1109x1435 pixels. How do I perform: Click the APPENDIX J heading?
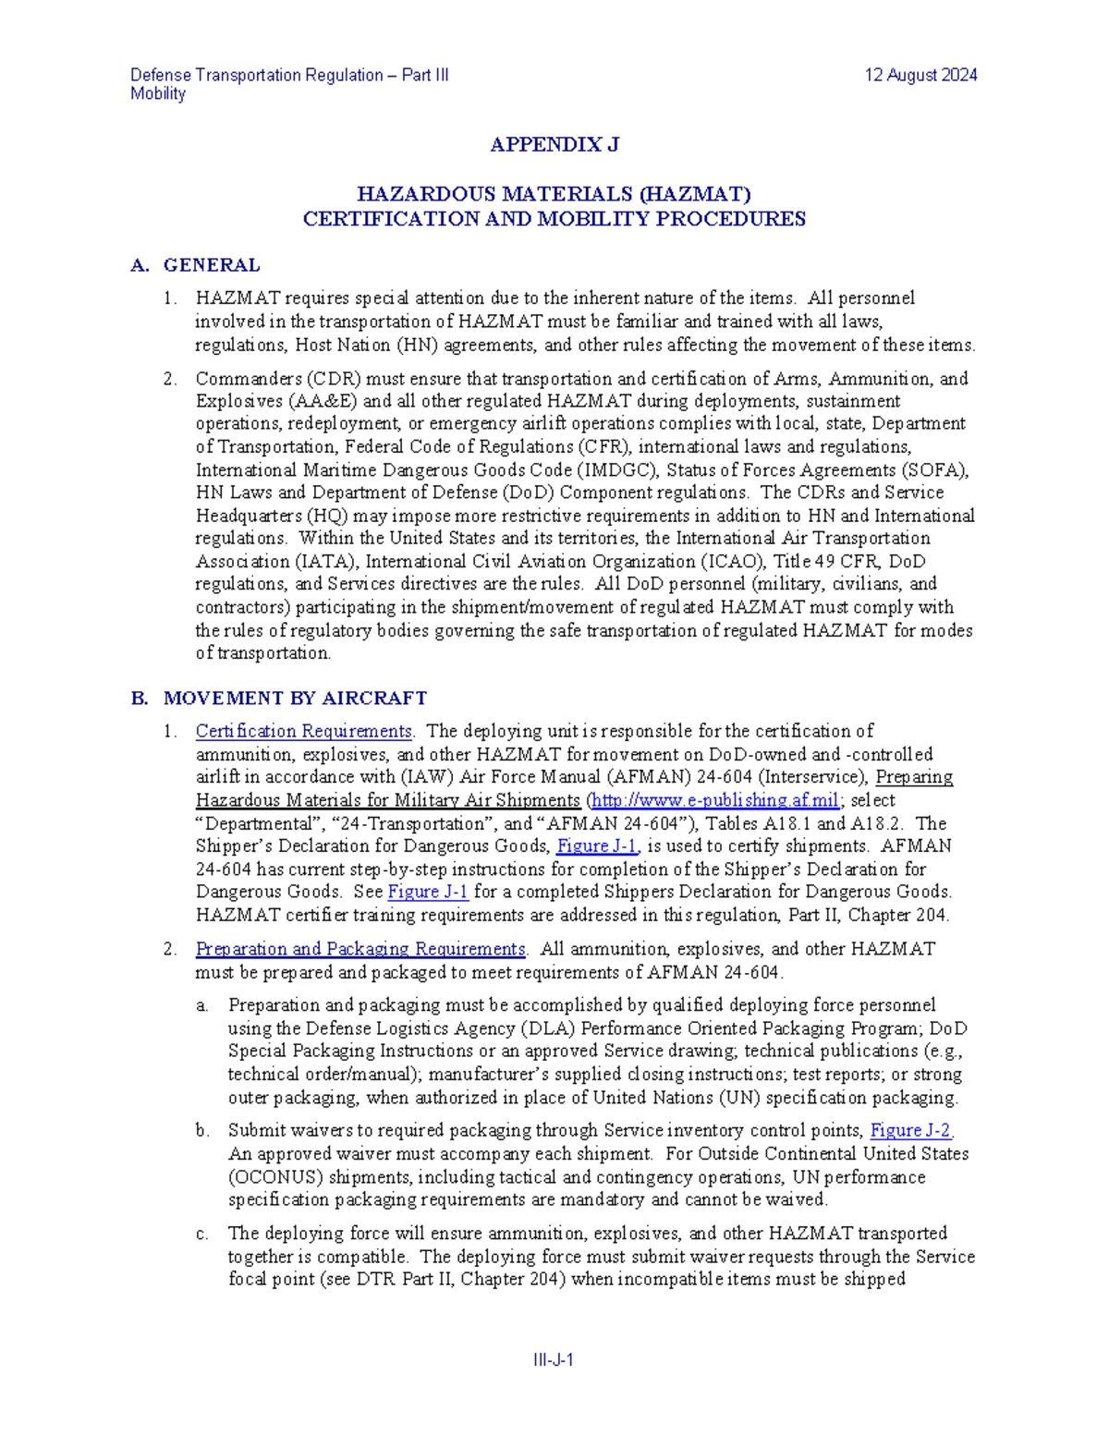(554, 144)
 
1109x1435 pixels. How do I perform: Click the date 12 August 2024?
(920, 75)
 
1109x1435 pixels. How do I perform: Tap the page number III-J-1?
(554, 1360)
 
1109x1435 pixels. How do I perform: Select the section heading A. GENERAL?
(196, 265)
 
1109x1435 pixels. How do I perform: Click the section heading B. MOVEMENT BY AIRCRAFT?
(279, 698)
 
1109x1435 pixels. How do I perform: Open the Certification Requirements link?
(303, 731)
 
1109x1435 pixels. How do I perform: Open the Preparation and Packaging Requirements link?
(360, 949)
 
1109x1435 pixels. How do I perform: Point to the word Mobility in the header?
(158, 93)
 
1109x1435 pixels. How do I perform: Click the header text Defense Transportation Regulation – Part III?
(289, 75)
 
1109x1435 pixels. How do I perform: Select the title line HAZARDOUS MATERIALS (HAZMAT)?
(554, 194)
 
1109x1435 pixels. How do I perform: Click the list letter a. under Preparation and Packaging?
(202, 1005)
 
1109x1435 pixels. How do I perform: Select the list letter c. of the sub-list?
(202, 1234)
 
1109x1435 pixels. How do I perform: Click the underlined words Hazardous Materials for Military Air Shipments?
(387, 800)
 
